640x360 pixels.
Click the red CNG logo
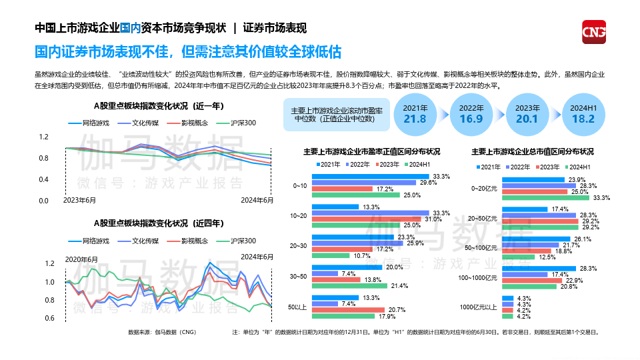[593, 33]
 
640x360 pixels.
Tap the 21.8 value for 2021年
[415, 118]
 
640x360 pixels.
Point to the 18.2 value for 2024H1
[583, 118]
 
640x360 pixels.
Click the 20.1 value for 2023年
[527, 118]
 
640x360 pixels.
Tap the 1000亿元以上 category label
[479, 307]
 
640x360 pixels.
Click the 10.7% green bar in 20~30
[331, 256]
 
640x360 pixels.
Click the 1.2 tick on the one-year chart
[43, 137]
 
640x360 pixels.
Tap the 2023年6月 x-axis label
[79, 200]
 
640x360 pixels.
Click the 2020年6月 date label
[81, 259]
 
